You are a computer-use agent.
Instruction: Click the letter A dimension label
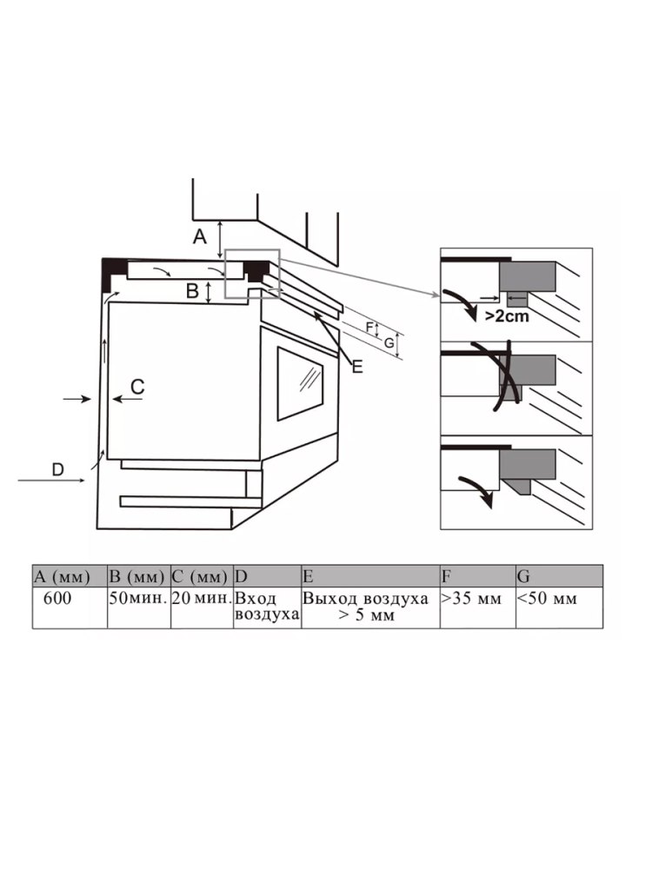200,236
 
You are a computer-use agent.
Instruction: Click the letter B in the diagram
192,290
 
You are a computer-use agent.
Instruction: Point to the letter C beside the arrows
137,387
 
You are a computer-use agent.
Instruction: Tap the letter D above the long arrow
57,469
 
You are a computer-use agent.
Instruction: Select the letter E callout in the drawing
357,367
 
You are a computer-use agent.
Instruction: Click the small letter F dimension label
369,327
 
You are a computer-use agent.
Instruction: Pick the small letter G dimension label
389,343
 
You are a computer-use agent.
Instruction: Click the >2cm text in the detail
507,316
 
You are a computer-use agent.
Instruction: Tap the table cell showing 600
70,607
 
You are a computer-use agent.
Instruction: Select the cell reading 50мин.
138,607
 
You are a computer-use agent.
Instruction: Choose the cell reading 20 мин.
202,607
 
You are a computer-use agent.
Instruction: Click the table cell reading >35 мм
478,607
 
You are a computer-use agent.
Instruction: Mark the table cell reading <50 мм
559,607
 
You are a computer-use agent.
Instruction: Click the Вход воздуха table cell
267,607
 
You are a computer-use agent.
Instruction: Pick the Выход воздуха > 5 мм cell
370,607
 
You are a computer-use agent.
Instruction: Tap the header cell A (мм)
70,576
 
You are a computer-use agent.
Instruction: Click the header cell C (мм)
202,576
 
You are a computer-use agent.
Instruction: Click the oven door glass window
300,383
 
